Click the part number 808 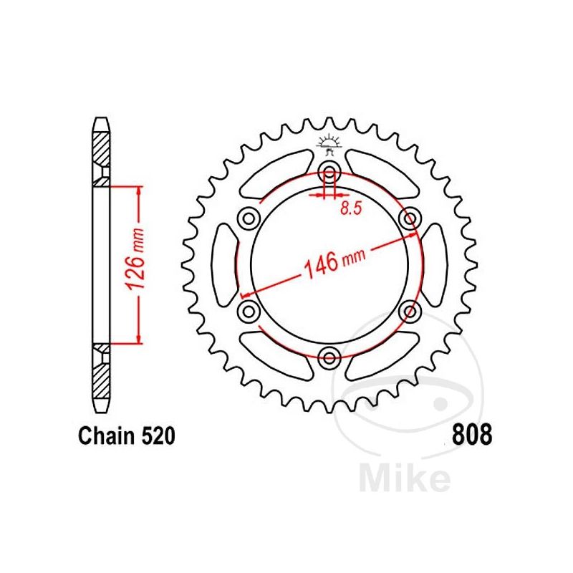pyautogui.click(x=472, y=435)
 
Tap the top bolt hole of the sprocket pyautogui.click(x=329, y=170)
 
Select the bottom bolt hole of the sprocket pyautogui.click(x=329, y=357)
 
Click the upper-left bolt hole pyautogui.click(x=249, y=218)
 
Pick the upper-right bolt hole pyautogui.click(x=410, y=218)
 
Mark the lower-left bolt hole pyautogui.click(x=249, y=311)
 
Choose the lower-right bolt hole pyautogui.click(x=410, y=311)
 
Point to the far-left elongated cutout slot pyautogui.click(x=224, y=264)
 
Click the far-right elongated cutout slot pyautogui.click(x=435, y=264)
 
